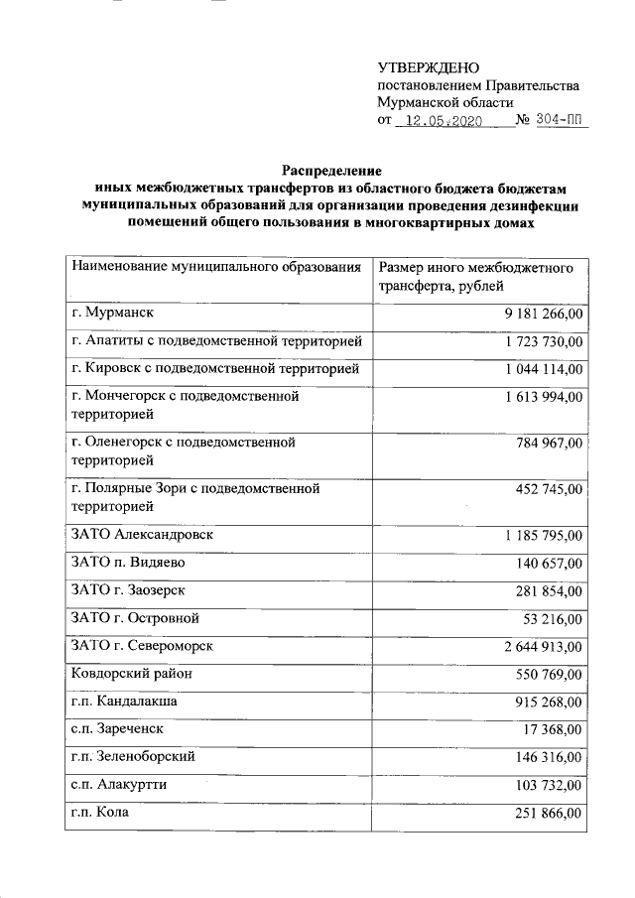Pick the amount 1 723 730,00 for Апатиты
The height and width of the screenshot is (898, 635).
click(x=542, y=342)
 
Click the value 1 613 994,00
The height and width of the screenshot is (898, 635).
click(x=542, y=397)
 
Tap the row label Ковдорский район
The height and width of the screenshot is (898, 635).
click(x=131, y=674)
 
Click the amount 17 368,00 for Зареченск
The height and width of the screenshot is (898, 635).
click(x=553, y=730)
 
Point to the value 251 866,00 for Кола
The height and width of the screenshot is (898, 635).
click(x=549, y=813)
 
